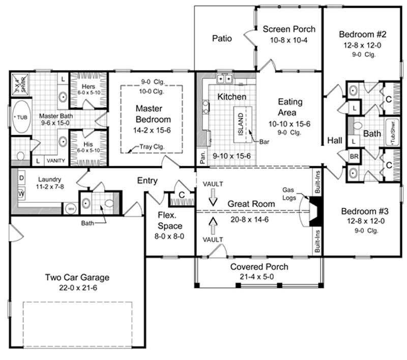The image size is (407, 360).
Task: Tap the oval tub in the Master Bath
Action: (x=21, y=118)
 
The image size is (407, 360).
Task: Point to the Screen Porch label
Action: (x=289, y=29)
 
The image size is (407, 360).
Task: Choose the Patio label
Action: (x=222, y=38)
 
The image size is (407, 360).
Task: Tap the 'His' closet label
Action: (x=88, y=144)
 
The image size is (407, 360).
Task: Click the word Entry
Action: (x=147, y=181)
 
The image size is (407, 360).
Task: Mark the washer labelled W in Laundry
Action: (x=22, y=194)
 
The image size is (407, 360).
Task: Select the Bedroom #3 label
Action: (x=363, y=211)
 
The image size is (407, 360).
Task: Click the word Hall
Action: (x=335, y=139)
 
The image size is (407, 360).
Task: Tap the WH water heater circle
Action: (x=71, y=208)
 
